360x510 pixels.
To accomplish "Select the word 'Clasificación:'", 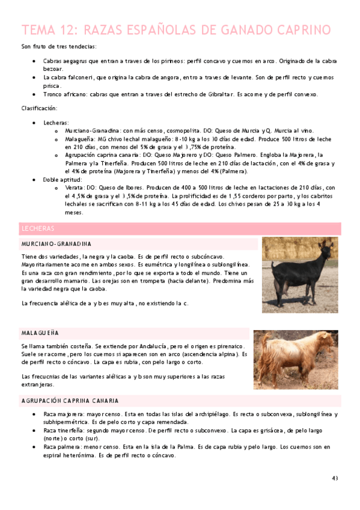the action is click(x=39, y=108).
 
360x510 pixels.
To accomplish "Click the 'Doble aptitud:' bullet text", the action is click(x=63, y=179).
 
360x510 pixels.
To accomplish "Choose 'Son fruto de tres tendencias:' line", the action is click(x=58, y=47).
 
